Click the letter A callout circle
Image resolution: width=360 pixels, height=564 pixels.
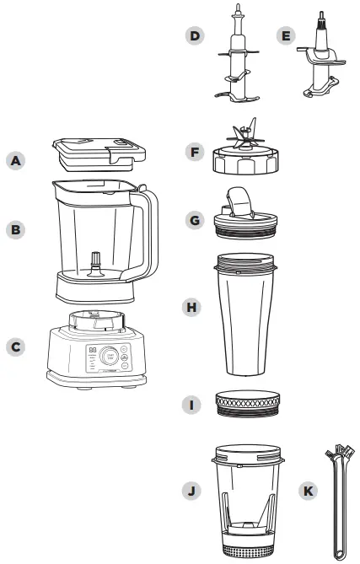tap(14, 159)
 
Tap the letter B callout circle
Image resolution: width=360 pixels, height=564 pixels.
tap(14, 228)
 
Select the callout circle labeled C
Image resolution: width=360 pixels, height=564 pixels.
tap(14, 346)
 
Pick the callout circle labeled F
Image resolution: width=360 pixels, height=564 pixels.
tap(195, 153)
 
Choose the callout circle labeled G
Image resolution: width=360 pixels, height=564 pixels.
tap(195, 221)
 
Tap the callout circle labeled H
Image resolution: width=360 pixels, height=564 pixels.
tap(195, 308)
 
